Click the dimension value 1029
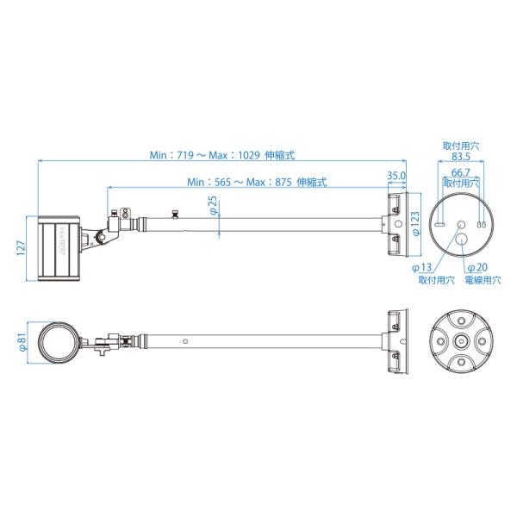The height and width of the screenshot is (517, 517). (249, 155)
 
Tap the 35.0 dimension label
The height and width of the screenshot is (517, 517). (396, 176)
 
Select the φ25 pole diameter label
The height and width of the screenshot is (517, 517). (214, 205)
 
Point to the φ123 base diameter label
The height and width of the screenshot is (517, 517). (416, 223)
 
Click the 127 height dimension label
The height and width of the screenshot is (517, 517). (21, 248)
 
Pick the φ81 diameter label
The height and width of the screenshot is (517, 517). (22, 342)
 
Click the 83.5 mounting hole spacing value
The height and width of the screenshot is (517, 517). (461, 156)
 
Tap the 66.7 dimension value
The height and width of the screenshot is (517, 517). (461, 172)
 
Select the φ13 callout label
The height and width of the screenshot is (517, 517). (421, 267)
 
